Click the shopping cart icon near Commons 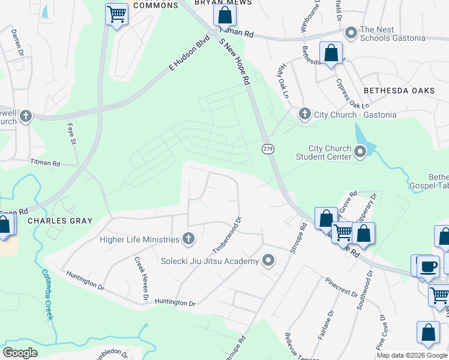click(116, 14)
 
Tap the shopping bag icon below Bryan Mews click(225, 16)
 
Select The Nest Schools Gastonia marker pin click(351, 31)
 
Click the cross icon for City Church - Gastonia click(304, 113)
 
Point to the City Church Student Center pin click(360, 152)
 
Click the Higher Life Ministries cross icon click(188, 239)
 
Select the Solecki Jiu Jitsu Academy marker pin click(268, 260)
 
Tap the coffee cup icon click(427, 266)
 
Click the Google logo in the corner click(20, 353)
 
